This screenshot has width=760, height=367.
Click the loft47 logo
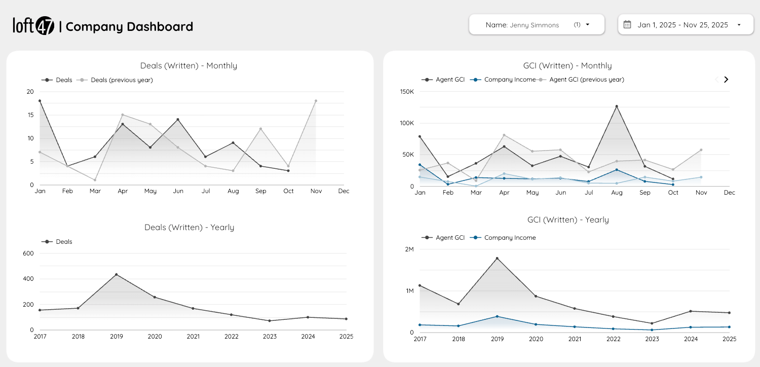(33, 26)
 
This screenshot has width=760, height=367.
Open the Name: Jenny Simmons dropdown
(537, 24)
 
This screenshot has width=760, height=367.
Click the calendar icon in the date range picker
(627, 24)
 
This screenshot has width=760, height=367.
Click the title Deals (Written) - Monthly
(188, 65)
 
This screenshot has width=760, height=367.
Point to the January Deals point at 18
(40, 101)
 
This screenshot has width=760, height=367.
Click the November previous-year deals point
(316, 101)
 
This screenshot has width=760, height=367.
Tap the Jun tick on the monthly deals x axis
(178, 191)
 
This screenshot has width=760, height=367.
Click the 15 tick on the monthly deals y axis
(30, 115)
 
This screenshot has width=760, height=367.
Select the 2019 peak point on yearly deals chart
(116, 275)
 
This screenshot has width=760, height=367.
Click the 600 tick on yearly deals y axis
(28, 253)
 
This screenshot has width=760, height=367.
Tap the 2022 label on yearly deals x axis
(231, 336)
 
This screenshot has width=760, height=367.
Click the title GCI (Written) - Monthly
(567, 65)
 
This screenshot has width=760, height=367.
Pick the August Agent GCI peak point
(617, 106)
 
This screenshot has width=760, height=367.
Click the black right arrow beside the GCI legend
(726, 80)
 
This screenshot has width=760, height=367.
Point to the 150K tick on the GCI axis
(407, 92)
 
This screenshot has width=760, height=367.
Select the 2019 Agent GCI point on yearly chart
(497, 259)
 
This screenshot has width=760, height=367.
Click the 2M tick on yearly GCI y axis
(409, 249)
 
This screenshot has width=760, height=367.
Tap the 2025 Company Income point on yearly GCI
(729, 327)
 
